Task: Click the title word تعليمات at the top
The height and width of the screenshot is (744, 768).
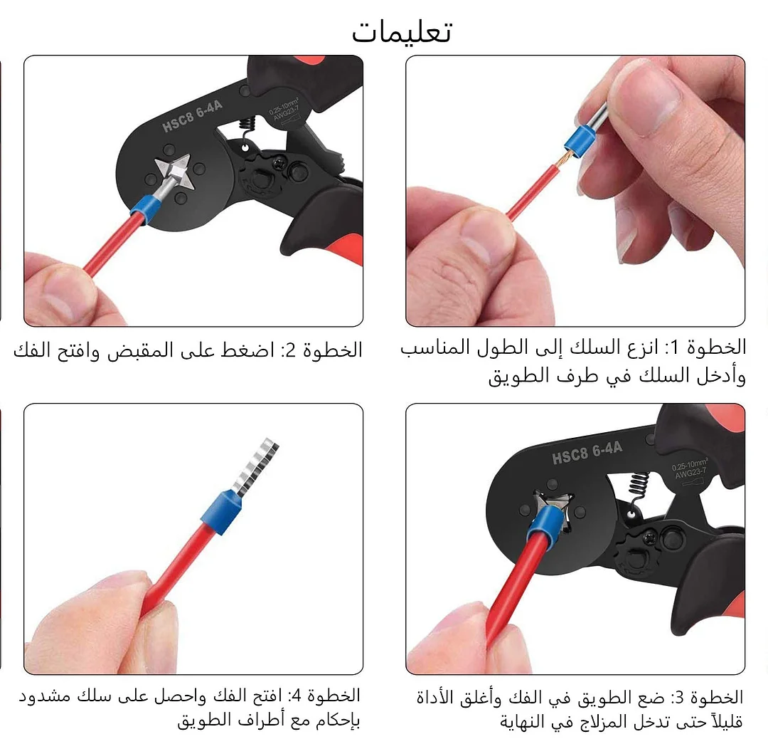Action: coord(402,33)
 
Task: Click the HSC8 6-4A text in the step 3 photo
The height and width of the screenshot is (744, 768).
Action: coord(587,451)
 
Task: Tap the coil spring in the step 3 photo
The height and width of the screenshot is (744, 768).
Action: coord(639,491)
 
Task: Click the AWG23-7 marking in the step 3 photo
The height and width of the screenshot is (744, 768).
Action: coord(690,473)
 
